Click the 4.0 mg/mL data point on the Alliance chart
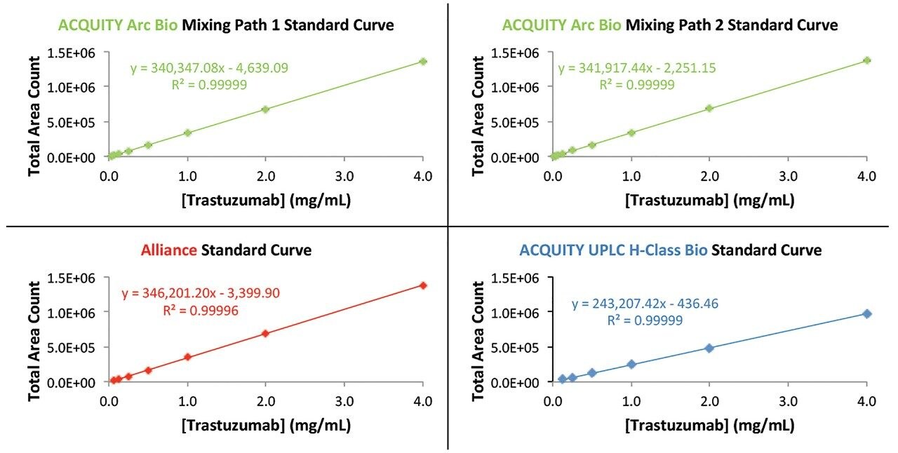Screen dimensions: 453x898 (422, 285)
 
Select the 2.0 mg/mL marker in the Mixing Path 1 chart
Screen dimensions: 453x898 (265, 109)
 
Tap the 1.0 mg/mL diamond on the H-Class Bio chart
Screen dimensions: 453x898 (631, 365)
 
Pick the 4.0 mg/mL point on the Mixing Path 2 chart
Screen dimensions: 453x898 (866, 60)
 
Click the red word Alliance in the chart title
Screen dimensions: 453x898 (169, 250)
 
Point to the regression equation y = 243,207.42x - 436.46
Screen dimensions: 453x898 (645, 304)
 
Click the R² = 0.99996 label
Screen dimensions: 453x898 (201, 309)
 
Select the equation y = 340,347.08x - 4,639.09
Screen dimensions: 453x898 (209, 68)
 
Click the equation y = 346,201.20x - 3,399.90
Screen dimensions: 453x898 (201, 293)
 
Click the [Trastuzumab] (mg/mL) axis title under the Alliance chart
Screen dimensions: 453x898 (266, 425)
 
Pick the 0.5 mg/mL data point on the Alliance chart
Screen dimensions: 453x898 (148, 370)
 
